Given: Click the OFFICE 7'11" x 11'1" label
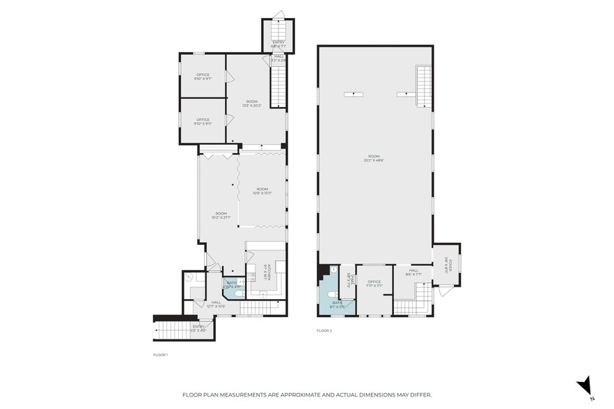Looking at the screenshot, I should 375,283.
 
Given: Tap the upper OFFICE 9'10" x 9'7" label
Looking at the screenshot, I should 203,77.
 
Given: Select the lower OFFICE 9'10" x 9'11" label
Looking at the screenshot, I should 203,121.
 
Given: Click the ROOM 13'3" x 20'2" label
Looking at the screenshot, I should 251,104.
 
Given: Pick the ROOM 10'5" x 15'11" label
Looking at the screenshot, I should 262,191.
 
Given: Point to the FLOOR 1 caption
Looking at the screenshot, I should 161,355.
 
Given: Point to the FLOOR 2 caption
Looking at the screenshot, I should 324,330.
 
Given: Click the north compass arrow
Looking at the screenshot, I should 585,385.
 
